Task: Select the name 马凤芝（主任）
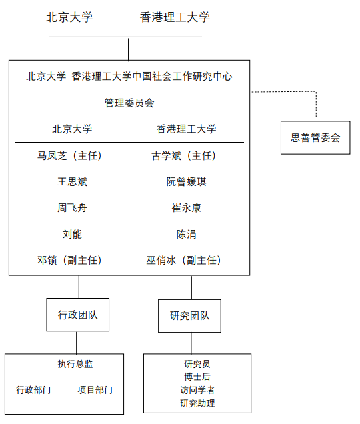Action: [69, 156]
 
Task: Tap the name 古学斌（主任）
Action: [183, 156]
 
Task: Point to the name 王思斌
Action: [72, 182]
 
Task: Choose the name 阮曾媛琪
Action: [187, 182]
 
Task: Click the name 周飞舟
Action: [72, 208]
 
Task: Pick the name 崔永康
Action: [187, 208]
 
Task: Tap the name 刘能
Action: [72, 234]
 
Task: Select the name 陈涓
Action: [187, 234]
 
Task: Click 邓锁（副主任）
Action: [69, 261]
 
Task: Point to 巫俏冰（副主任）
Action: [183, 261]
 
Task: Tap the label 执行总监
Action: [75, 364]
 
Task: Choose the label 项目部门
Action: [95, 390]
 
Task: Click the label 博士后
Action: [197, 377]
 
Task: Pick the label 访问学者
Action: [197, 390]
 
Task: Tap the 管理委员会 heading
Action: [129, 103]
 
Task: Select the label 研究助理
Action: [197, 403]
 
